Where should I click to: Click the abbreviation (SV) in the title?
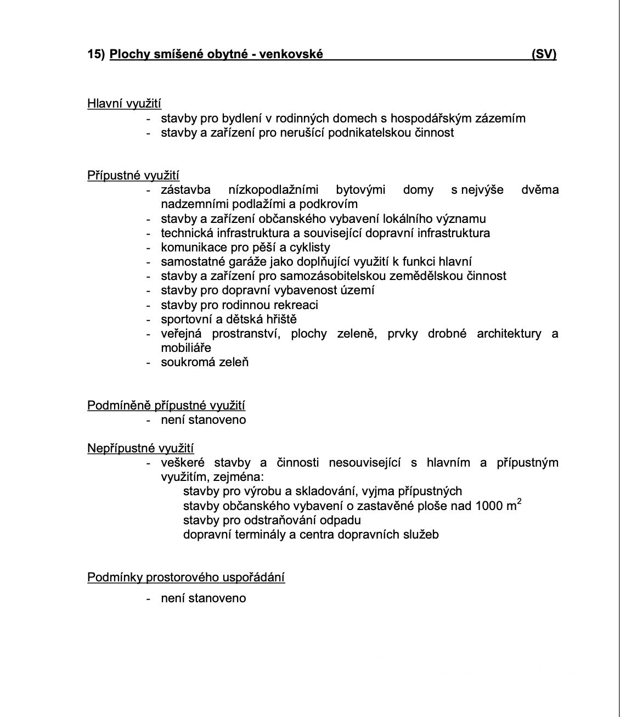[x=544, y=54]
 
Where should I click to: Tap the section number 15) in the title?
[x=96, y=54]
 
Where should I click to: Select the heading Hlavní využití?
[x=124, y=104]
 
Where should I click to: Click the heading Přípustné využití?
[x=133, y=176]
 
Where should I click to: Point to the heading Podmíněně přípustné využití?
[x=166, y=406]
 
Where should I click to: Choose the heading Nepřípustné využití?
[x=140, y=449]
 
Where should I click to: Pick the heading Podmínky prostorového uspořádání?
[x=186, y=578]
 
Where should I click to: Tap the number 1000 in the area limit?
[x=489, y=506]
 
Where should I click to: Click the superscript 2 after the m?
[x=519, y=501]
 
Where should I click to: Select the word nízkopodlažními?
[x=273, y=190]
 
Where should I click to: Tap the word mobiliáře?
[x=186, y=348]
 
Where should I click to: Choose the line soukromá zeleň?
[x=205, y=362]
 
